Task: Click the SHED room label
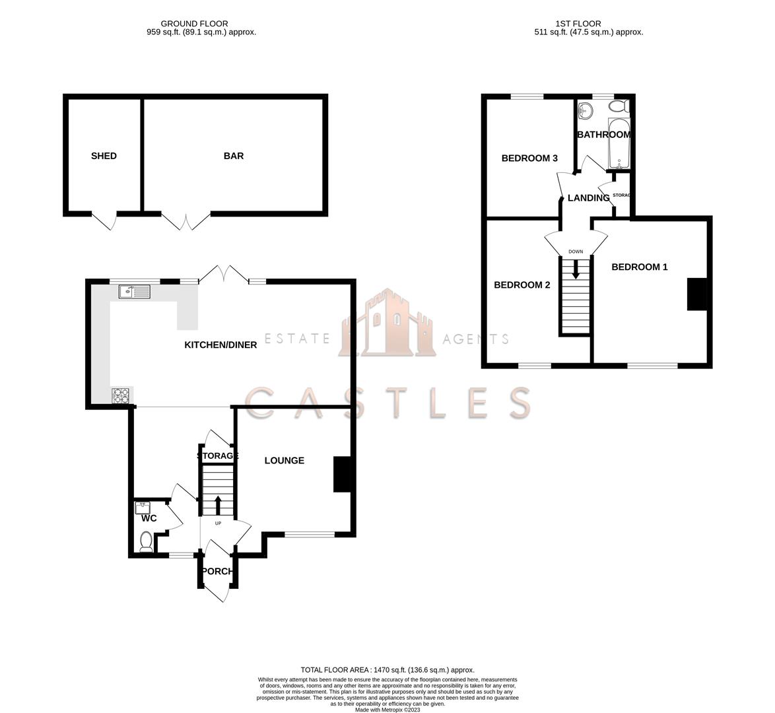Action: [104, 156]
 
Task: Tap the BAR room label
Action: [234, 156]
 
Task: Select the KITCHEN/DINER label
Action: [220, 345]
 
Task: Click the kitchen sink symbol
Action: [135, 292]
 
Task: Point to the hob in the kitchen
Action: [121, 395]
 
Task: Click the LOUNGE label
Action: [285, 460]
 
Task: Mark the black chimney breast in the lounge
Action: [342, 474]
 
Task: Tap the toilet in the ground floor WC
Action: [146, 541]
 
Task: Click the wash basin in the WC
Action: [143, 507]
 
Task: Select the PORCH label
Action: [217, 571]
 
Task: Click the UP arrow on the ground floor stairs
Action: [217, 505]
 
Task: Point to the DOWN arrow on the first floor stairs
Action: [576, 269]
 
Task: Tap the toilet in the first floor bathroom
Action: [619, 106]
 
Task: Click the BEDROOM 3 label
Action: [529, 158]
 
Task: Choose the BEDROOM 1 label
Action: [640, 267]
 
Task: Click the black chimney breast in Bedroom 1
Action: [696, 294]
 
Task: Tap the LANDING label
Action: [588, 198]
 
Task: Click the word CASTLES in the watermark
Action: [388, 403]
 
